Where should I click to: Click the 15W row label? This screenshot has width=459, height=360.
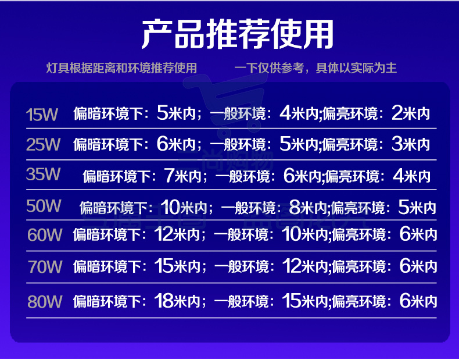42,115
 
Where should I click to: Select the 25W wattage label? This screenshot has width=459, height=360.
44,144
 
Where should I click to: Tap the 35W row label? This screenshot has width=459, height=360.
44,174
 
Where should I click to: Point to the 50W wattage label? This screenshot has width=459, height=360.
44,206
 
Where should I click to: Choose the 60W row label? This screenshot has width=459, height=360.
45,234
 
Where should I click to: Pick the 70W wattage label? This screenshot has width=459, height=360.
45,266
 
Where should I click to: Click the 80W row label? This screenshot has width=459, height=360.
45,301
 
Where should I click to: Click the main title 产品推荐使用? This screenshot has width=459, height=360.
238,34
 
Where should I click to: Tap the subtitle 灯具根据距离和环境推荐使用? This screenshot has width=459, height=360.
121,68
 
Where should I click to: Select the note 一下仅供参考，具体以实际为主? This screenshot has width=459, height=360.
315,68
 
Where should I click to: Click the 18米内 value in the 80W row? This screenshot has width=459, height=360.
177,301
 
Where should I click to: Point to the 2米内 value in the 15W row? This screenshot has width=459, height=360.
411,113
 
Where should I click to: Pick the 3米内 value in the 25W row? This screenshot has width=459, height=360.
411,144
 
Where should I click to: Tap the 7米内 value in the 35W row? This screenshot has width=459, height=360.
182,176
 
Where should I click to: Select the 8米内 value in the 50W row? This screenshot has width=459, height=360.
308,208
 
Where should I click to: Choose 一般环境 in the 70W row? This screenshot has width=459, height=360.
242,266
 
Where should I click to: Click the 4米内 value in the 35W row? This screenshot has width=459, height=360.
411,176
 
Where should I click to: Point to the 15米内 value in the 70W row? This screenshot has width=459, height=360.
177,266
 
